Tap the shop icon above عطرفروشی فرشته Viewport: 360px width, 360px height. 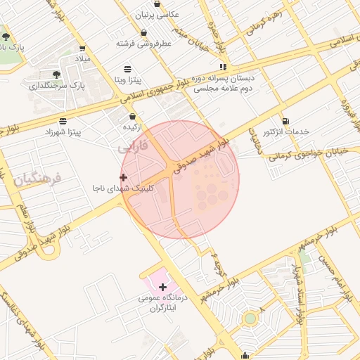pos(144,33)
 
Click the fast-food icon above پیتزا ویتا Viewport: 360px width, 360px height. pos(127,69)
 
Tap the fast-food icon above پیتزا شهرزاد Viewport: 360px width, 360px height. pos(63,121)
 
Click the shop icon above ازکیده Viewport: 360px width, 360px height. pos(133,116)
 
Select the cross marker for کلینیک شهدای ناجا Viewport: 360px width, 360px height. pos(124,177)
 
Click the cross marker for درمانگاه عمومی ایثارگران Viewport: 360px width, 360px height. pos(163,287)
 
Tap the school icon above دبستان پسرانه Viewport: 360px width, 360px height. pos(224,67)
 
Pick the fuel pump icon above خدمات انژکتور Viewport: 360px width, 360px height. pos(285,121)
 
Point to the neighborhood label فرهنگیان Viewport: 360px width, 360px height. pos(37,179)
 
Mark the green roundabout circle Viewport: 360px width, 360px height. pos(250,319)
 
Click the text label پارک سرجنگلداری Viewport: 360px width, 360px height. pos(57,86)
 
